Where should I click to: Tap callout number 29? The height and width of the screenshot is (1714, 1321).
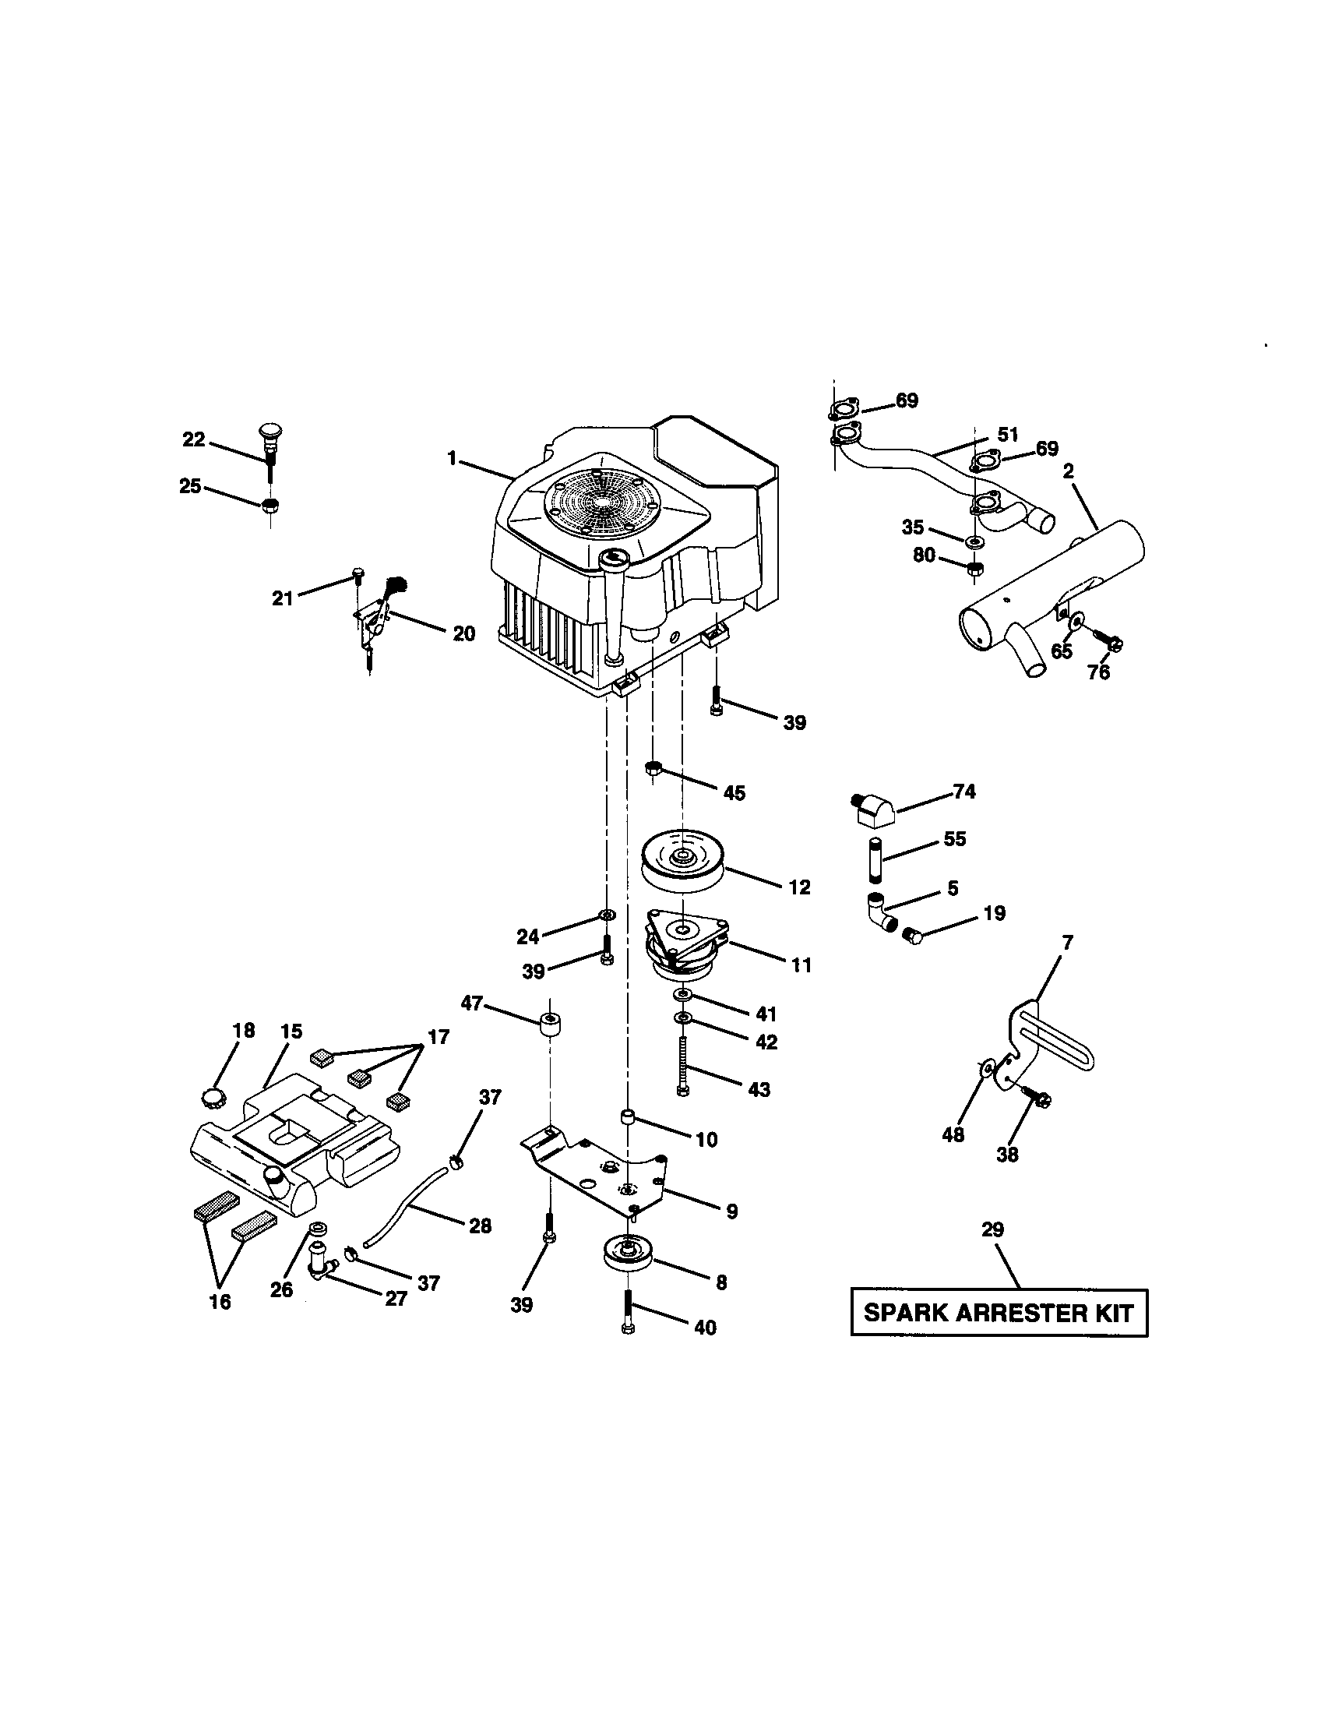tap(992, 1229)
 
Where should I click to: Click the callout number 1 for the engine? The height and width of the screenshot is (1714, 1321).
tap(452, 458)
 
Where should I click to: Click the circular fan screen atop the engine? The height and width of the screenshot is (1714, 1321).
tap(601, 499)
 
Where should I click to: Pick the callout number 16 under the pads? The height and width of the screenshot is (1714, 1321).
tap(220, 1301)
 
